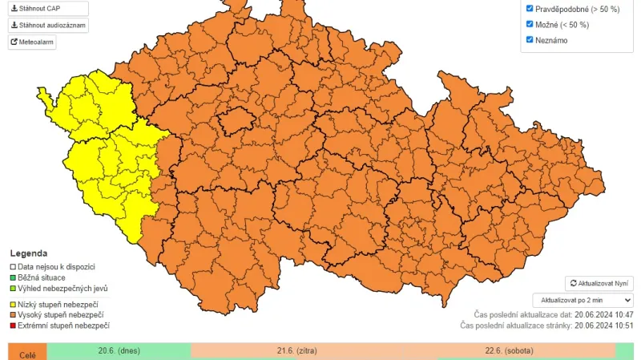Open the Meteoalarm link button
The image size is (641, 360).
[32, 42]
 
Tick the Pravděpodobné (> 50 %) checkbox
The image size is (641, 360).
[530, 9]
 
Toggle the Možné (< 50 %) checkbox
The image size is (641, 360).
[530, 24]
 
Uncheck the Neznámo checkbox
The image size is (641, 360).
[530, 39]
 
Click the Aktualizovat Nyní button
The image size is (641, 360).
[599, 284]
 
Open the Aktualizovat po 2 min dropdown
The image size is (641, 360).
[583, 300]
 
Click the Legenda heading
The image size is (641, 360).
[28, 253]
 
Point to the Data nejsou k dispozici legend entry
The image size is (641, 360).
[56, 266]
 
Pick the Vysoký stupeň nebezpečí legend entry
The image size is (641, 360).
[60, 315]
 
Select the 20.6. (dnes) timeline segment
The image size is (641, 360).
[119, 351]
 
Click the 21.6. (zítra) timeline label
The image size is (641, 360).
[297, 351]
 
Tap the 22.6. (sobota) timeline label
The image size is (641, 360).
[509, 351]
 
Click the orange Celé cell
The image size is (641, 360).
[27, 353]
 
